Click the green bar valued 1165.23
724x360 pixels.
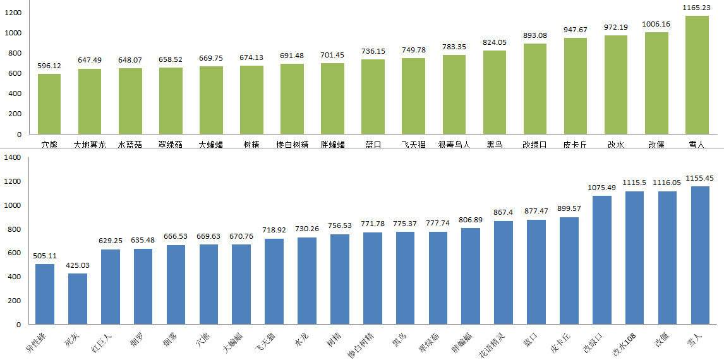pyautogui.click(x=697, y=75)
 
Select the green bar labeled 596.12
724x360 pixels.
pyautogui.click(x=49, y=104)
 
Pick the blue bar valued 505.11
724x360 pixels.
pyautogui.click(x=45, y=294)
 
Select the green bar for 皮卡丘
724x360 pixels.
pyautogui.click(x=576, y=86)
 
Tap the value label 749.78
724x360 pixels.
pyautogui.click(x=414, y=50)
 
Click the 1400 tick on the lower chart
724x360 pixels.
pyautogui.click(x=12, y=157)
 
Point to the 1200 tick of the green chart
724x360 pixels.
pyautogui.click(x=13, y=13)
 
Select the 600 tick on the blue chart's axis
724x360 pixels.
pyautogui.click(x=14, y=253)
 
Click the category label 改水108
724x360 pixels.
pyautogui.click(x=625, y=343)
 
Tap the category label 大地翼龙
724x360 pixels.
pyautogui.click(x=90, y=145)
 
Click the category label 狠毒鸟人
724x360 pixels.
pyautogui.click(x=454, y=145)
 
